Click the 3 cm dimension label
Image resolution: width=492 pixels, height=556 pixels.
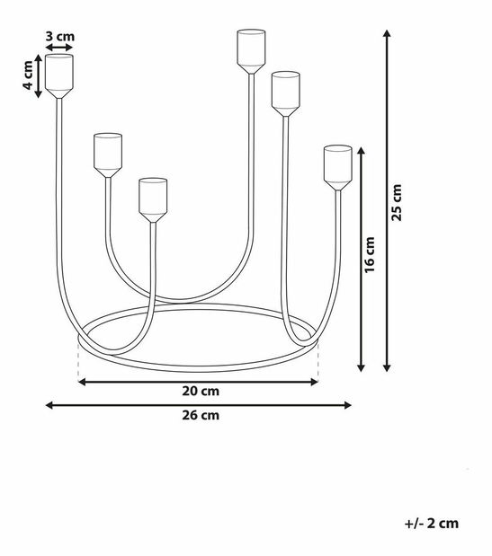pyautogui.click(x=60, y=37)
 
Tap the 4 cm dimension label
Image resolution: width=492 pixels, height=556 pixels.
pyautogui.click(x=29, y=75)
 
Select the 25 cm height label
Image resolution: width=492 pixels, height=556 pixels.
pyautogui.click(x=397, y=203)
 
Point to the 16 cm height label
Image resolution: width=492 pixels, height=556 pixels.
pyautogui.click(x=370, y=255)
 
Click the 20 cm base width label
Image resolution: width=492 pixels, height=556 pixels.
pyautogui.click(x=201, y=391)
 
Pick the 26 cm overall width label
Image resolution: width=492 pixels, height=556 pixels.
pyautogui.click(x=201, y=415)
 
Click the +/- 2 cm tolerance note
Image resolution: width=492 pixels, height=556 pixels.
pyautogui.click(x=432, y=523)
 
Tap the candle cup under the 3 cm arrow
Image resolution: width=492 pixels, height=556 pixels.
pyautogui.click(x=59, y=75)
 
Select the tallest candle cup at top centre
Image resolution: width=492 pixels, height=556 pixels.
pyautogui.click(x=251, y=51)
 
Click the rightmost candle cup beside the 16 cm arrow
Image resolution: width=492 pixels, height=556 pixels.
pyautogui.click(x=338, y=168)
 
